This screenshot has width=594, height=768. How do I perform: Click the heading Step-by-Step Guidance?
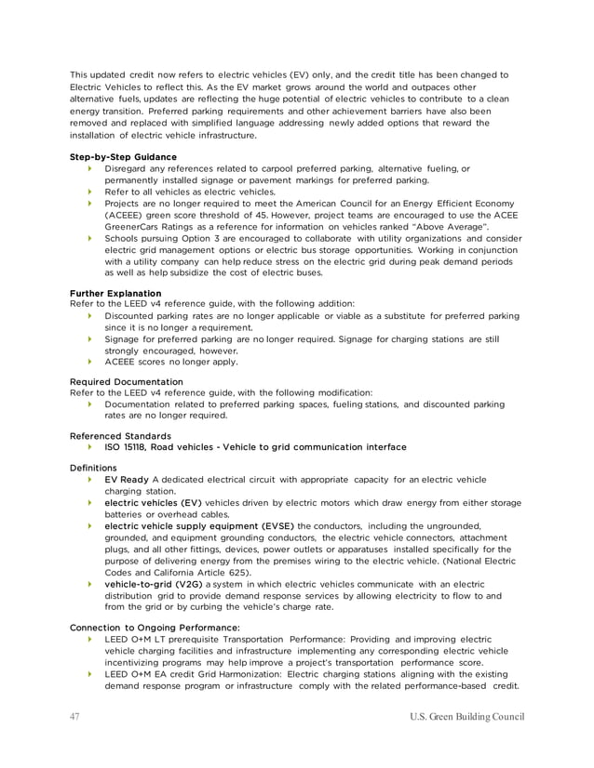tap(124, 157)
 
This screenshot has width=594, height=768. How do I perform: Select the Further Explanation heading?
tap(115, 293)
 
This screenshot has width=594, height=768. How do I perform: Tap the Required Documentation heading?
tap(127, 381)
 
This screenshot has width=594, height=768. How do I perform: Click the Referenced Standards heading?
tap(120, 434)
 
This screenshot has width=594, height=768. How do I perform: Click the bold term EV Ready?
tap(127, 480)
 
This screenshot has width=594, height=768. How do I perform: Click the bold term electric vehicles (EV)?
tap(153, 503)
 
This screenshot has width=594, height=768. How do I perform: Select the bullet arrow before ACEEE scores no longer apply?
tap(89, 362)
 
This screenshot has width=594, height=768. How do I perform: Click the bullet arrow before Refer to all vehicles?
tap(89, 191)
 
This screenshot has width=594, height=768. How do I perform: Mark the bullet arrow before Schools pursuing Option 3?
tap(89, 238)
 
